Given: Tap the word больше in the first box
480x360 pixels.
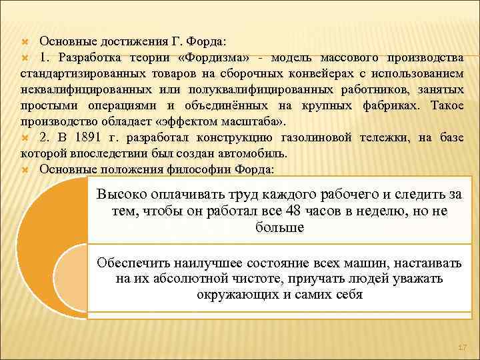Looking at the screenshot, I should [279, 228].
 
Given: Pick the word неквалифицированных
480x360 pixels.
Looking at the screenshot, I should [83, 89].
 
